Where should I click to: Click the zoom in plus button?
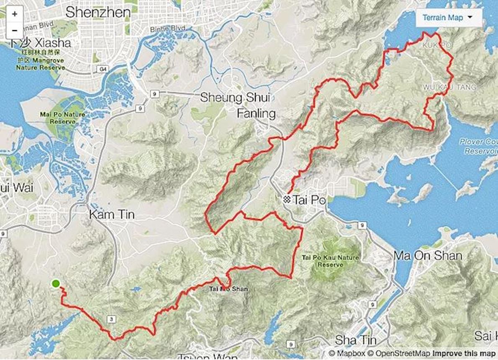15,13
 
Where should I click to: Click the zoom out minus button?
15,30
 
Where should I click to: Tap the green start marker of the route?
56,284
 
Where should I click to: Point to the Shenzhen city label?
98,12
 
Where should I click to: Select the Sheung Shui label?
234,98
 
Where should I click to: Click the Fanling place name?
256,113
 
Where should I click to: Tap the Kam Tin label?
112,215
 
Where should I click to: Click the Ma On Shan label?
428,255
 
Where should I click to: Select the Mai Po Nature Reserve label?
62,118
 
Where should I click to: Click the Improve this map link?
462,353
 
